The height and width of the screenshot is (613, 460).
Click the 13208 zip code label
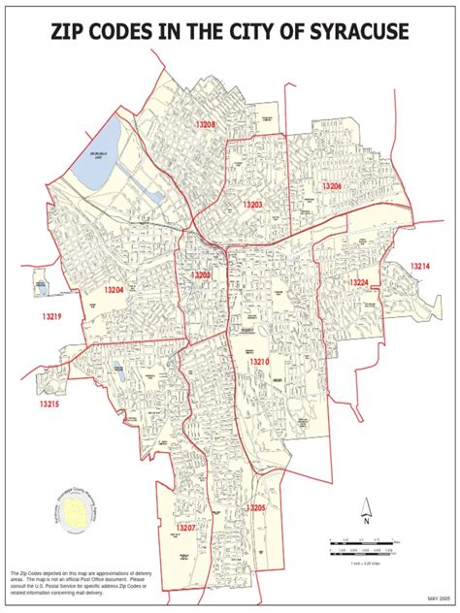pyautogui.click(x=205, y=126)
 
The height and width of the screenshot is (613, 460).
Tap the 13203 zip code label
pyautogui.click(x=253, y=206)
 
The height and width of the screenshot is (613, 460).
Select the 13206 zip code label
pyautogui.click(x=332, y=185)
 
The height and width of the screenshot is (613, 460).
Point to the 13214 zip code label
pyautogui.click(x=419, y=266)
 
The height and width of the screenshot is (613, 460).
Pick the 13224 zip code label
pyautogui.click(x=359, y=283)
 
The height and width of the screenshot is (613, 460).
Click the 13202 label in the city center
pyautogui.click(x=200, y=275)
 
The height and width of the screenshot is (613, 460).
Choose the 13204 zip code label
pyautogui.click(x=115, y=290)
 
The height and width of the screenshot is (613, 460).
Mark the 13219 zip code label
pyautogui.click(x=51, y=317)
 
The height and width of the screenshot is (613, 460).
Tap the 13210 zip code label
pyautogui.click(x=257, y=362)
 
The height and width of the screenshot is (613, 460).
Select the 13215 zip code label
pyautogui.click(x=49, y=403)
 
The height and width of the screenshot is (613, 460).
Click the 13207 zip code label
pyautogui.click(x=186, y=527)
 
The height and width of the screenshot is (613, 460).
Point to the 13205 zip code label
pyautogui.click(x=255, y=507)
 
